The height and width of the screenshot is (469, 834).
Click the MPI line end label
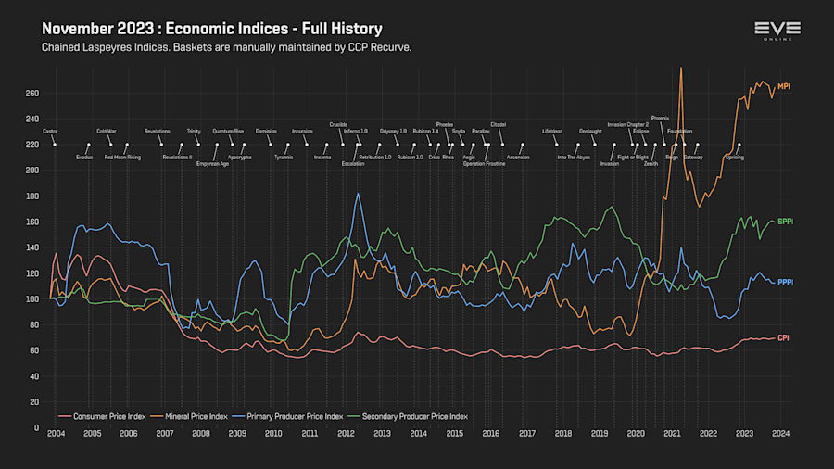click(784, 86)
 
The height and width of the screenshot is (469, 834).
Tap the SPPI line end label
click(785, 222)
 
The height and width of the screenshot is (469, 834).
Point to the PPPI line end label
click(785, 282)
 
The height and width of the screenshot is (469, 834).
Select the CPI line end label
click(783, 337)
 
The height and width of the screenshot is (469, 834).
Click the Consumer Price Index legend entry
click(103, 416)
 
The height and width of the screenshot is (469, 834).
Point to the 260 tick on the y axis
click(32, 93)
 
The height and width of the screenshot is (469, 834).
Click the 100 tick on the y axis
click(32, 298)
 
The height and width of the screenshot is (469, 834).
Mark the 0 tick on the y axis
click(35, 427)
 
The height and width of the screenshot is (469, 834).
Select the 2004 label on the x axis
click(56, 434)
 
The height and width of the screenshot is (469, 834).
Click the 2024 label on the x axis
click(780, 434)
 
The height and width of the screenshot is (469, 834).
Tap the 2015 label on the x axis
click(454, 434)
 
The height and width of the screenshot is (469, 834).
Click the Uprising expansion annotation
click(735, 158)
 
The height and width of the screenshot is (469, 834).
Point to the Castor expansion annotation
click(50, 132)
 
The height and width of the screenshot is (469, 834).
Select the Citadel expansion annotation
click(498, 124)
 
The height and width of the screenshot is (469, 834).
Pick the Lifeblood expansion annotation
click(552, 132)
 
